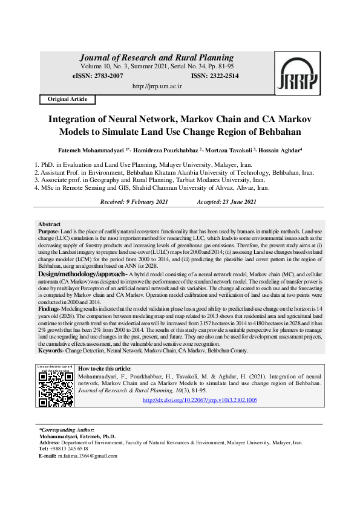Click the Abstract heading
coord(49,224)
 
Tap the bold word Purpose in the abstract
coord(48,232)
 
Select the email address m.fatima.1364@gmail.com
coord(88,455)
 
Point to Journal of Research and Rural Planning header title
coord(157,58)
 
